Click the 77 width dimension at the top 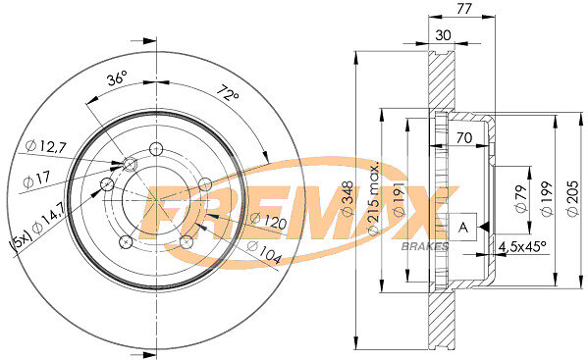pyautogui.click(x=464, y=8)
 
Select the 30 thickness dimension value pyautogui.click(x=444, y=35)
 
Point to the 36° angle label pyautogui.click(x=118, y=78)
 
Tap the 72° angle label pyautogui.click(x=228, y=93)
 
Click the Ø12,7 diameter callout pyautogui.click(x=46, y=146)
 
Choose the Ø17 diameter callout pyautogui.click(x=36, y=179)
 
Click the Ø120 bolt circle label pyautogui.click(x=269, y=221)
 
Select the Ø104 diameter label pyautogui.click(x=264, y=252)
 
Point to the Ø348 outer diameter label pyautogui.click(x=347, y=199)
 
